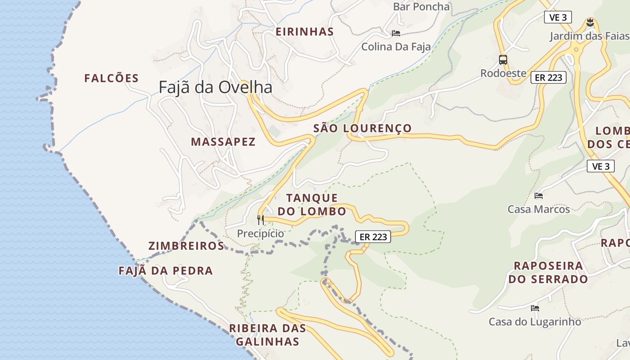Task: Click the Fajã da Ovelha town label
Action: [x=216, y=87]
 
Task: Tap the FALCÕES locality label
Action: [x=112, y=78]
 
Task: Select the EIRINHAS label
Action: [x=305, y=32]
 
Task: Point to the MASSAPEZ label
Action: [x=223, y=142]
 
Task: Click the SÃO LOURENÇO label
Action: [x=363, y=128]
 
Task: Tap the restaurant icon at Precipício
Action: [x=261, y=220]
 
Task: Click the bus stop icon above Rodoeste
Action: [x=503, y=59]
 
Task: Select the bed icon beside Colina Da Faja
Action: [x=396, y=33]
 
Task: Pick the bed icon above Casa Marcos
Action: [x=539, y=196]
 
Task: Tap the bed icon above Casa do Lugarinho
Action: [x=535, y=308]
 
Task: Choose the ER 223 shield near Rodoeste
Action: [x=548, y=77]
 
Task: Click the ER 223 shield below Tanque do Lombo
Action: [x=373, y=237]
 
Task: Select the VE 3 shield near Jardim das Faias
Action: [x=558, y=18]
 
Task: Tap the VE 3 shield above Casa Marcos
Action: [x=601, y=166]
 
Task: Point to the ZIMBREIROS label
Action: [x=186, y=246]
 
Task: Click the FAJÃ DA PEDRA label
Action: [x=166, y=271]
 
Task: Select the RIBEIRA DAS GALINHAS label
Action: [x=268, y=335]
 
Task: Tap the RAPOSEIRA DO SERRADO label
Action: [x=548, y=272]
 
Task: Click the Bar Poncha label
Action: [x=421, y=7]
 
